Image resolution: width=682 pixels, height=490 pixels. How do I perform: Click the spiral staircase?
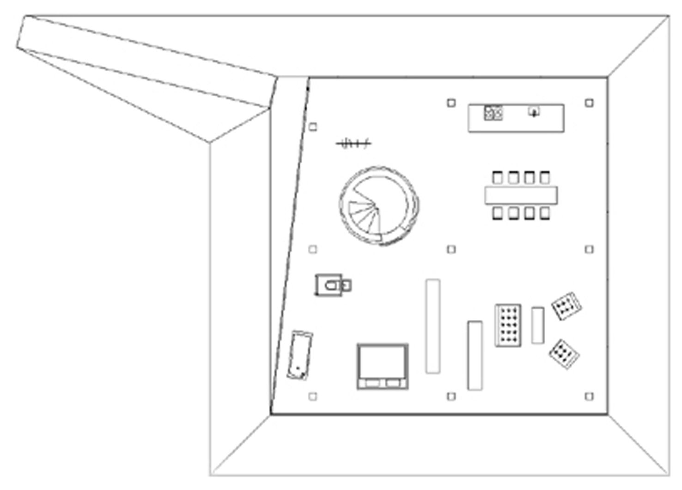point(379,205)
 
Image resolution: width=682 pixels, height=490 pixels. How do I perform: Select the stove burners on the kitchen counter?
point(493,113)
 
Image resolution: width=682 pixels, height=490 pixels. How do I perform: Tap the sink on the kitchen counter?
point(534,112)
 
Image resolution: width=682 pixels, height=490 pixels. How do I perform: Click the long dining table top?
point(521,195)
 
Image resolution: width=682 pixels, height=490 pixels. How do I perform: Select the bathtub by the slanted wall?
point(300,355)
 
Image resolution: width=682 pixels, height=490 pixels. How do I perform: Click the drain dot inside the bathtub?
point(298,369)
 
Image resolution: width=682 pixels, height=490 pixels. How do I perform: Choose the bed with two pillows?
point(383,366)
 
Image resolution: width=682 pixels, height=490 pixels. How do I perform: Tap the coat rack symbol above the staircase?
point(353,143)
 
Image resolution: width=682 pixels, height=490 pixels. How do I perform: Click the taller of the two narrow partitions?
point(432,326)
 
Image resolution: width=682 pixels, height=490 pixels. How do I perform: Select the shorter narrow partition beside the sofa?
point(475,355)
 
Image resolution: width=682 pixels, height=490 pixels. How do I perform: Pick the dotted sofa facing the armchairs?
point(508,325)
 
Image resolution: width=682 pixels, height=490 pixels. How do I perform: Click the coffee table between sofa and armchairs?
point(537,325)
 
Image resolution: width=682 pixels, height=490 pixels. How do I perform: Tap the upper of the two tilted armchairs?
point(566,306)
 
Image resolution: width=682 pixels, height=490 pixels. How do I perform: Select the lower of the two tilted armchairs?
point(564,354)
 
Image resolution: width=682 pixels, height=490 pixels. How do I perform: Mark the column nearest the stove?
point(451,103)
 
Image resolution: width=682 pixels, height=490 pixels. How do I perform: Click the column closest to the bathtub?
point(313,396)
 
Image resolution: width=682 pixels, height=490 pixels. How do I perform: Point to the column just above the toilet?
point(313,249)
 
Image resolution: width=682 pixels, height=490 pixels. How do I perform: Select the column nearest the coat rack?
point(313,126)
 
